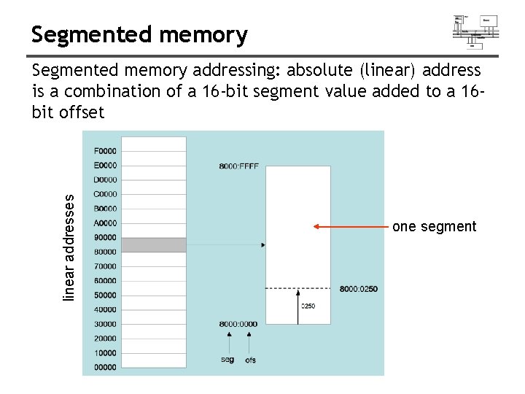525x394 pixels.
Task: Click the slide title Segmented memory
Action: pyautogui.click(x=139, y=34)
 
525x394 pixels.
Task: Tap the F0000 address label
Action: pyautogui.click(x=105, y=151)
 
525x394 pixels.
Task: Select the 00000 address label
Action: pyautogui.click(x=105, y=367)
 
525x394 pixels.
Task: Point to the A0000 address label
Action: pyautogui.click(x=105, y=223)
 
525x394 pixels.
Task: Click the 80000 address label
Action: pyautogui.click(x=105, y=252)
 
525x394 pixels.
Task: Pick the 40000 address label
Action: pyautogui.click(x=105, y=309)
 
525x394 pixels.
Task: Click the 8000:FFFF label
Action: pyautogui.click(x=238, y=166)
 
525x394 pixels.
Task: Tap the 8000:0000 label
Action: pyautogui.click(x=238, y=323)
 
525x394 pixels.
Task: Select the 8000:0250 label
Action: pyautogui.click(x=359, y=290)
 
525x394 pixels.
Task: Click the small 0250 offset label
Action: pyautogui.click(x=308, y=306)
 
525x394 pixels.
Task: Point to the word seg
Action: pyautogui.click(x=227, y=360)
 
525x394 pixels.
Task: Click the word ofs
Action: pyautogui.click(x=250, y=360)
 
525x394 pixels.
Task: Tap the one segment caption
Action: pyautogui.click(x=434, y=227)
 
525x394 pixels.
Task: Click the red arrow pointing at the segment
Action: pyautogui.click(x=351, y=227)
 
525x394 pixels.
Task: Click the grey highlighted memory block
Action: pyautogui.click(x=153, y=244)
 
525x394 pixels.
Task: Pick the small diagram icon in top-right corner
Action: pyautogui.click(x=475, y=31)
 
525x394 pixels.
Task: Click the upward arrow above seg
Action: pyautogui.click(x=230, y=342)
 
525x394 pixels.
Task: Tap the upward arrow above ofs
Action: pyautogui.click(x=249, y=342)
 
